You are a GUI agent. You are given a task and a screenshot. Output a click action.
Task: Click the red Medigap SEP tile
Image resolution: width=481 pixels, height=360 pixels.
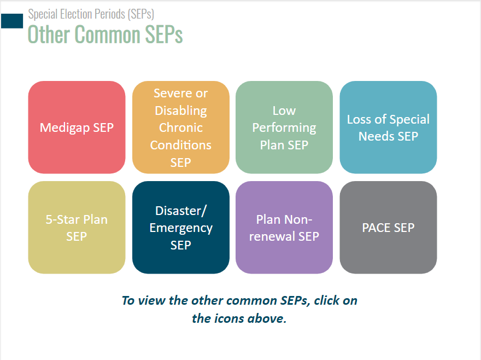[77, 127]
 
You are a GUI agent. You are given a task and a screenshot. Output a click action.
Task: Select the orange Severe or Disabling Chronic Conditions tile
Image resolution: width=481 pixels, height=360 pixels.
[181, 127]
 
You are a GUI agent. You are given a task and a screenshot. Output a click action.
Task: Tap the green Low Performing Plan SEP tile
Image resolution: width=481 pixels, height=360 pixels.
[284, 127]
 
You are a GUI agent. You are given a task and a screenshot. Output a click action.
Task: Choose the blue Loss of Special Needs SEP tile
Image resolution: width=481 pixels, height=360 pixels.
[388, 127]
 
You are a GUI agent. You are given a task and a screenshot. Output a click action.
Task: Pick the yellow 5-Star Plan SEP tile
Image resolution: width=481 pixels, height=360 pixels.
[77, 227]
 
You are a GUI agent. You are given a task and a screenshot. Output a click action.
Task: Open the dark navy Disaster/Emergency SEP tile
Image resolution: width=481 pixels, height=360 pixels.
[181, 227]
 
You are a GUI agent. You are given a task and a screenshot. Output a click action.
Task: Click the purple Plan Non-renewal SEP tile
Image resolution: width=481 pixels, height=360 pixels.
[284, 227]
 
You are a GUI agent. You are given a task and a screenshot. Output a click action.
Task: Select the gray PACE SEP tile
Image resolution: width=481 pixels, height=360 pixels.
[388, 227]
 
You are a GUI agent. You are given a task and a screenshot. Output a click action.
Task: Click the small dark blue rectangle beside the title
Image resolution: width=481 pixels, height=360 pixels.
[12, 21]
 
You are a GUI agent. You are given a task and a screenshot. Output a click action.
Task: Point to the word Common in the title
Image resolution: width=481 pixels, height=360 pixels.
[107, 34]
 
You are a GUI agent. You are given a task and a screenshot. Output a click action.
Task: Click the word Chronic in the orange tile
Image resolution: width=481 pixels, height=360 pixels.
[181, 127]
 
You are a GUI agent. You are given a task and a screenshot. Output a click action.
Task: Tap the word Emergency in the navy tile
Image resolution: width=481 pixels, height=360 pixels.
[181, 229]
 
